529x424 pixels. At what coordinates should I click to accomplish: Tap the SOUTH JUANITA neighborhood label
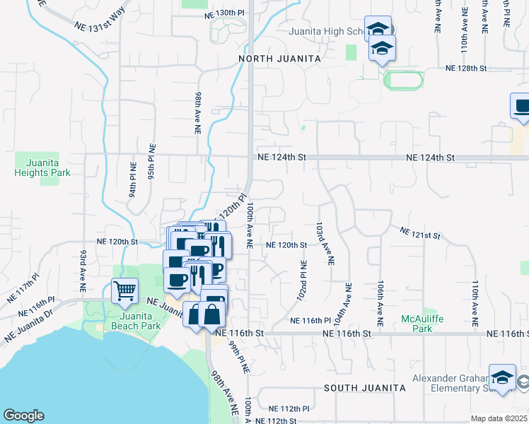364,388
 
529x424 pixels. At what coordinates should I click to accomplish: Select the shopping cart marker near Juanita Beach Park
124,291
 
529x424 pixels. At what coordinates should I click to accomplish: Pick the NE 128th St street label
466,68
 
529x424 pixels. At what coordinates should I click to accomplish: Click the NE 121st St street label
419,232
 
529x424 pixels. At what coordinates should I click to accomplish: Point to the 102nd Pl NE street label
303,281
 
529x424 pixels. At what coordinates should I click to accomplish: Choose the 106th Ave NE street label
380,302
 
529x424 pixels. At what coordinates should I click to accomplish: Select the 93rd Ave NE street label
83,271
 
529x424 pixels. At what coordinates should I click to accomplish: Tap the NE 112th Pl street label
289,408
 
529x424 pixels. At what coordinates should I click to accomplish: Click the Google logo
23,416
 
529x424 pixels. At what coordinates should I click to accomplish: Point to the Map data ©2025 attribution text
499,418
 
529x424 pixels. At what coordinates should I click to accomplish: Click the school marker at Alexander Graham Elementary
502,378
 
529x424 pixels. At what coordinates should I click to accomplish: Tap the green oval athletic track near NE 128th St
403,80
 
